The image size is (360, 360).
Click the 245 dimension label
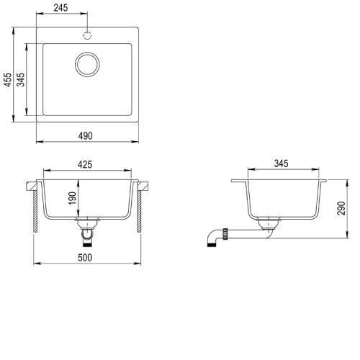point(60,8)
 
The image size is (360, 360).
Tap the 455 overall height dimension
point(8,80)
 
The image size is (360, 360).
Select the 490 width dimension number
point(85,136)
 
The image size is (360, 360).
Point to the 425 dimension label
point(85,165)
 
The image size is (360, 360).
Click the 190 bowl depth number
point(73,198)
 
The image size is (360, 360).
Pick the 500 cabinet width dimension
point(85,258)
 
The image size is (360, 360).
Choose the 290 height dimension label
point(341,208)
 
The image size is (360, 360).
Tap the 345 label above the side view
point(281,163)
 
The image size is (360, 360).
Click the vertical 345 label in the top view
point(21,80)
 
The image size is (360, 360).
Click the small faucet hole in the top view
point(87,35)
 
